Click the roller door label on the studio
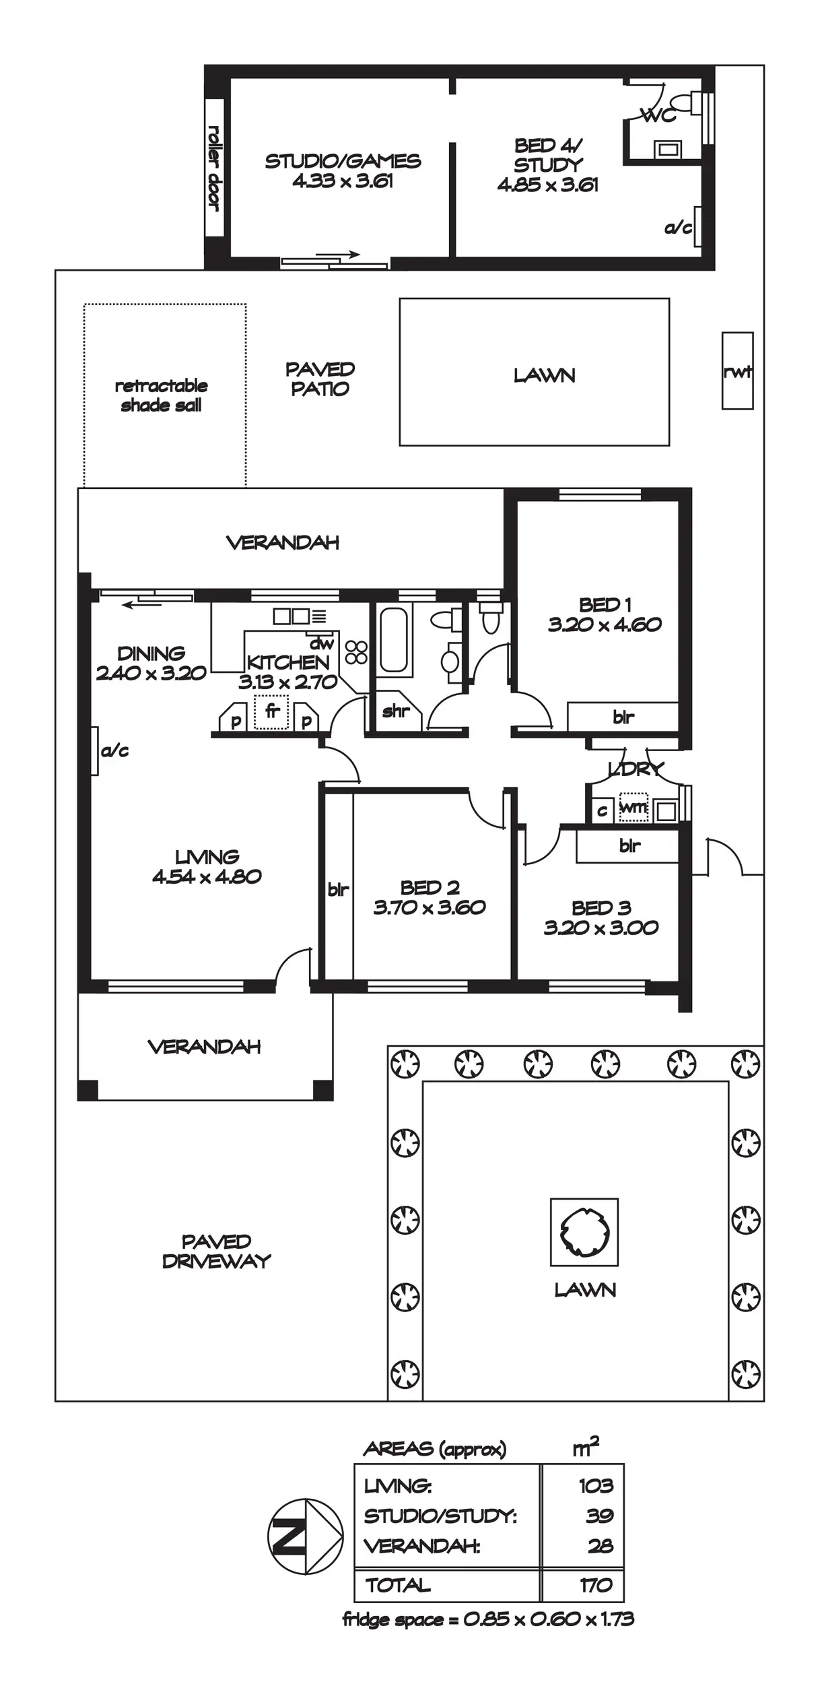tap(215, 168)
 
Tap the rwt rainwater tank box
tap(737, 370)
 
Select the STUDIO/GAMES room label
tap(343, 162)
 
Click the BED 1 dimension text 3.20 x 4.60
tap(605, 624)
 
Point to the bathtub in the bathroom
tap(394, 640)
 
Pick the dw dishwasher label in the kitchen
tap(322, 644)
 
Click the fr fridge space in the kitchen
tap(272, 712)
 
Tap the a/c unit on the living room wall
tap(95, 750)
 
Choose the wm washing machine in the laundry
tap(633, 807)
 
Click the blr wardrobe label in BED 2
tap(338, 890)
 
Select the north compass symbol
tap(306, 1537)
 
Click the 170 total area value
tap(596, 1586)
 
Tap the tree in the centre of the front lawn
tap(584, 1232)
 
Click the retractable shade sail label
tap(162, 395)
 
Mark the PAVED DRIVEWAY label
tap(216, 1251)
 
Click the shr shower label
tap(396, 711)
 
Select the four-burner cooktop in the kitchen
tap(356, 651)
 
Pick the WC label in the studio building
tap(658, 116)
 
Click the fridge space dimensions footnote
tap(488, 1619)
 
